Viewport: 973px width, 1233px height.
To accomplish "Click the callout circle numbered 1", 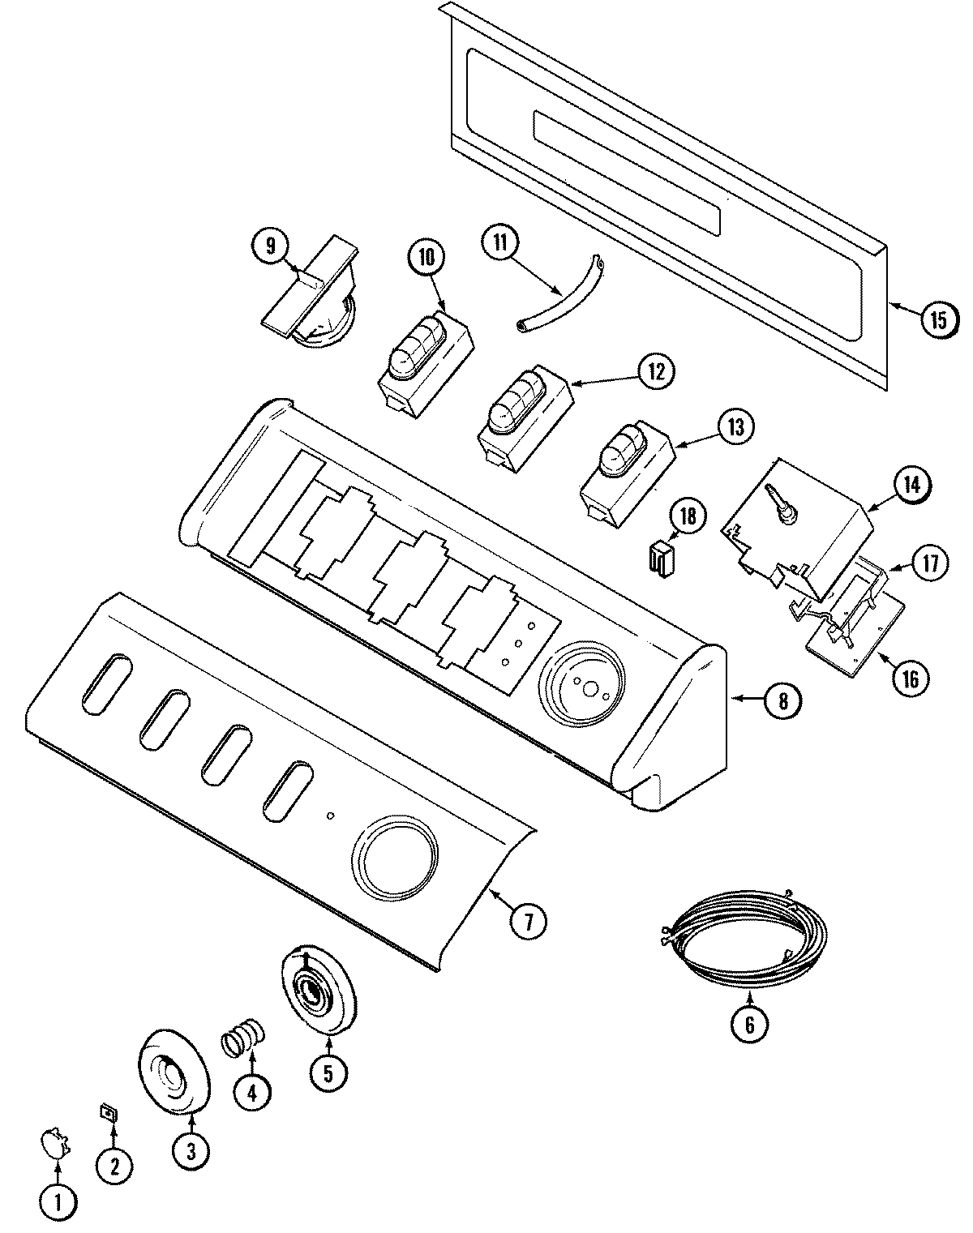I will click(x=58, y=1202).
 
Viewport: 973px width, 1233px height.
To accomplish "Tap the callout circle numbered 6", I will click(x=748, y=1025).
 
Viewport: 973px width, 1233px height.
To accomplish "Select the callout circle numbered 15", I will click(x=937, y=319).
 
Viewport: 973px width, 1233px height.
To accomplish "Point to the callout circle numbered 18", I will click(x=688, y=517).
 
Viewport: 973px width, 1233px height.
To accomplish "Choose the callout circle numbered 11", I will click(x=499, y=242).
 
